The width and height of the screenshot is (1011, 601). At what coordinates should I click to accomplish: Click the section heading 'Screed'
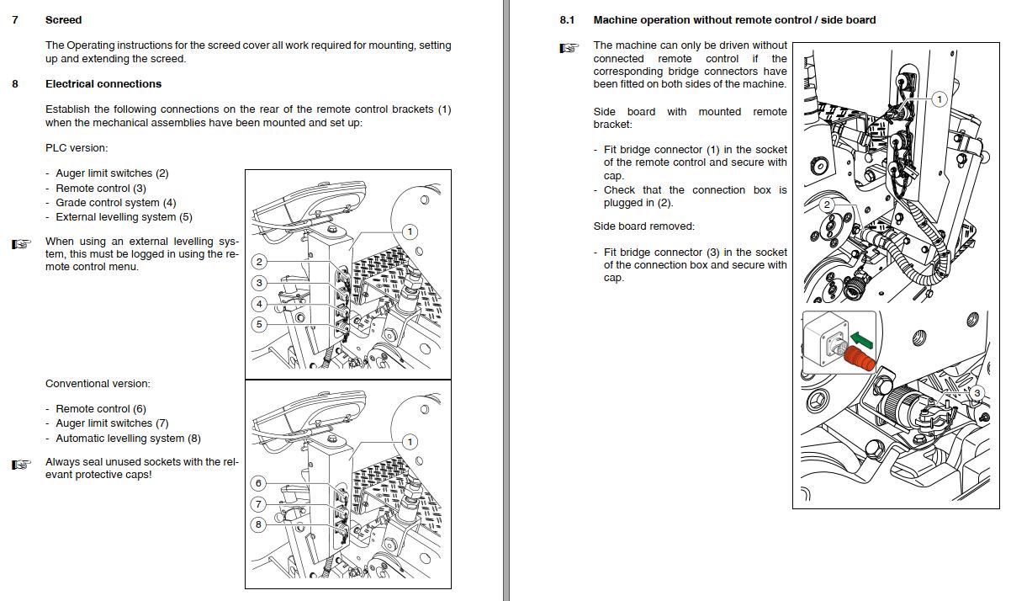pos(63,19)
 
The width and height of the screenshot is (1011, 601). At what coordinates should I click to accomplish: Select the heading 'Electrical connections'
pos(103,83)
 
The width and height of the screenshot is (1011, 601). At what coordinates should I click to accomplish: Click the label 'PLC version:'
pos(77,148)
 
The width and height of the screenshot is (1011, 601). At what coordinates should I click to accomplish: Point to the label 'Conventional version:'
pos(98,384)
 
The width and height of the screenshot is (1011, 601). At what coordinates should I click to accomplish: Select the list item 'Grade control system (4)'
pos(115,203)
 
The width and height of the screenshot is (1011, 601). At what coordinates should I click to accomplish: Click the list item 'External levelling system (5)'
pos(124,217)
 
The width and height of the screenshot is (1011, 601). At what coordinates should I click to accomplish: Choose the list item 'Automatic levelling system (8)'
pos(128,439)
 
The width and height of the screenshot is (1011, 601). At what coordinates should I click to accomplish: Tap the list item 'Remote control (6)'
pos(100,409)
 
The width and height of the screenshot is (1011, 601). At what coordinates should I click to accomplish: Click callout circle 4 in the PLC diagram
pos(259,304)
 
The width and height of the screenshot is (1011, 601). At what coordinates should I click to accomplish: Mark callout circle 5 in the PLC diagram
pos(259,324)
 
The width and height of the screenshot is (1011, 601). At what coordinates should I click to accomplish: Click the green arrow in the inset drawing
pos(860,340)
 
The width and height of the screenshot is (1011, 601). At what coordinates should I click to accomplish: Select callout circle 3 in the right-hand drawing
pos(976,393)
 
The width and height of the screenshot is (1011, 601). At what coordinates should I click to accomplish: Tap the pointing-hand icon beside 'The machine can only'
pos(569,48)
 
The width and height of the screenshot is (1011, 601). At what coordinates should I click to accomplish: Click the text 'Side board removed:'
pos(643,226)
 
